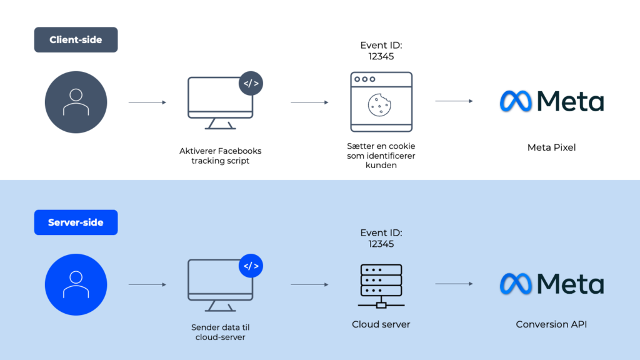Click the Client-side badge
[x=76, y=40]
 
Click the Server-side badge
[x=76, y=222]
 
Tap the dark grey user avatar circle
[x=76, y=102]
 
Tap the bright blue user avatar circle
[x=76, y=284]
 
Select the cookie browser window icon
[x=381, y=102]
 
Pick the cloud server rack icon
[x=381, y=284]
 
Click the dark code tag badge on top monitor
[x=251, y=83]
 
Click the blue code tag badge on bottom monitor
[x=251, y=266]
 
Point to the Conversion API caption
[x=551, y=324]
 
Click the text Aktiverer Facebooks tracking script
[x=221, y=156]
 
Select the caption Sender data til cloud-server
[x=221, y=332]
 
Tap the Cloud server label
[x=381, y=324]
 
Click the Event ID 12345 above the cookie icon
[x=381, y=51]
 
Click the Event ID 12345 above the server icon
[x=381, y=238]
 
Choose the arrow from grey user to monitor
[x=147, y=102]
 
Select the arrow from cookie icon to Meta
[x=454, y=101]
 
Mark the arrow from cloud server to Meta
[x=454, y=284]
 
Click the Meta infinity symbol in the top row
[x=516, y=101]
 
